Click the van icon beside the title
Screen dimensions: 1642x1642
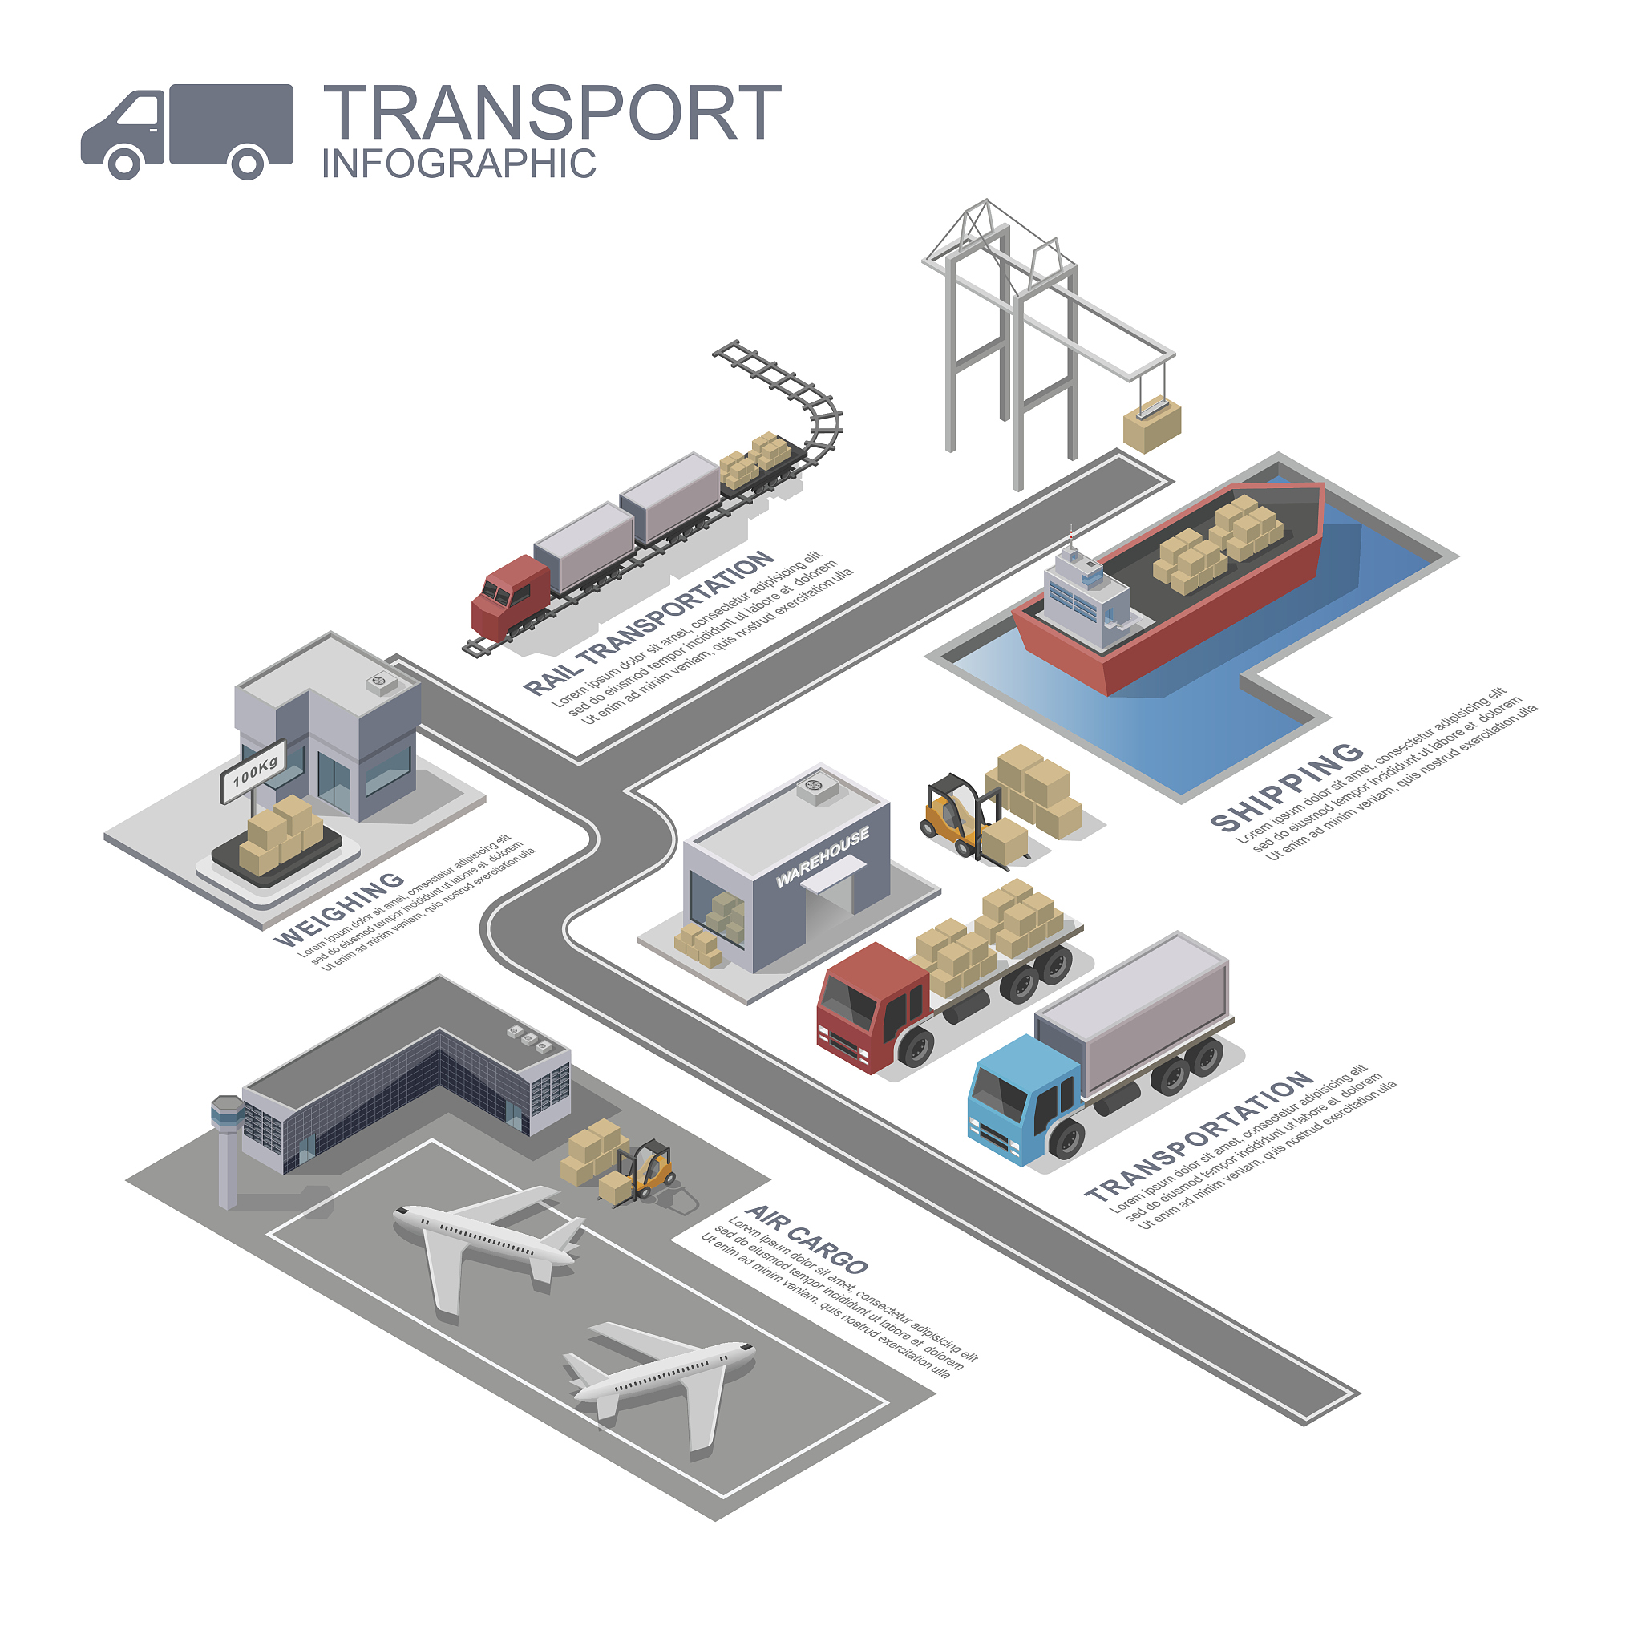coord(187,131)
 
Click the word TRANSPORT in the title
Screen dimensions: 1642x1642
coord(552,112)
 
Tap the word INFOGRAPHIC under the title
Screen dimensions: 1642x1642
coord(459,164)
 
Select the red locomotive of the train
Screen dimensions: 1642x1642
coord(511,597)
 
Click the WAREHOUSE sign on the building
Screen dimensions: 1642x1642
coord(822,855)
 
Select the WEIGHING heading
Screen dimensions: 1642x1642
coord(338,908)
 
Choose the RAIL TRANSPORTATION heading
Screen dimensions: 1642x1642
coord(649,623)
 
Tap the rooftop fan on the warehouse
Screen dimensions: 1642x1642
coord(817,787)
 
